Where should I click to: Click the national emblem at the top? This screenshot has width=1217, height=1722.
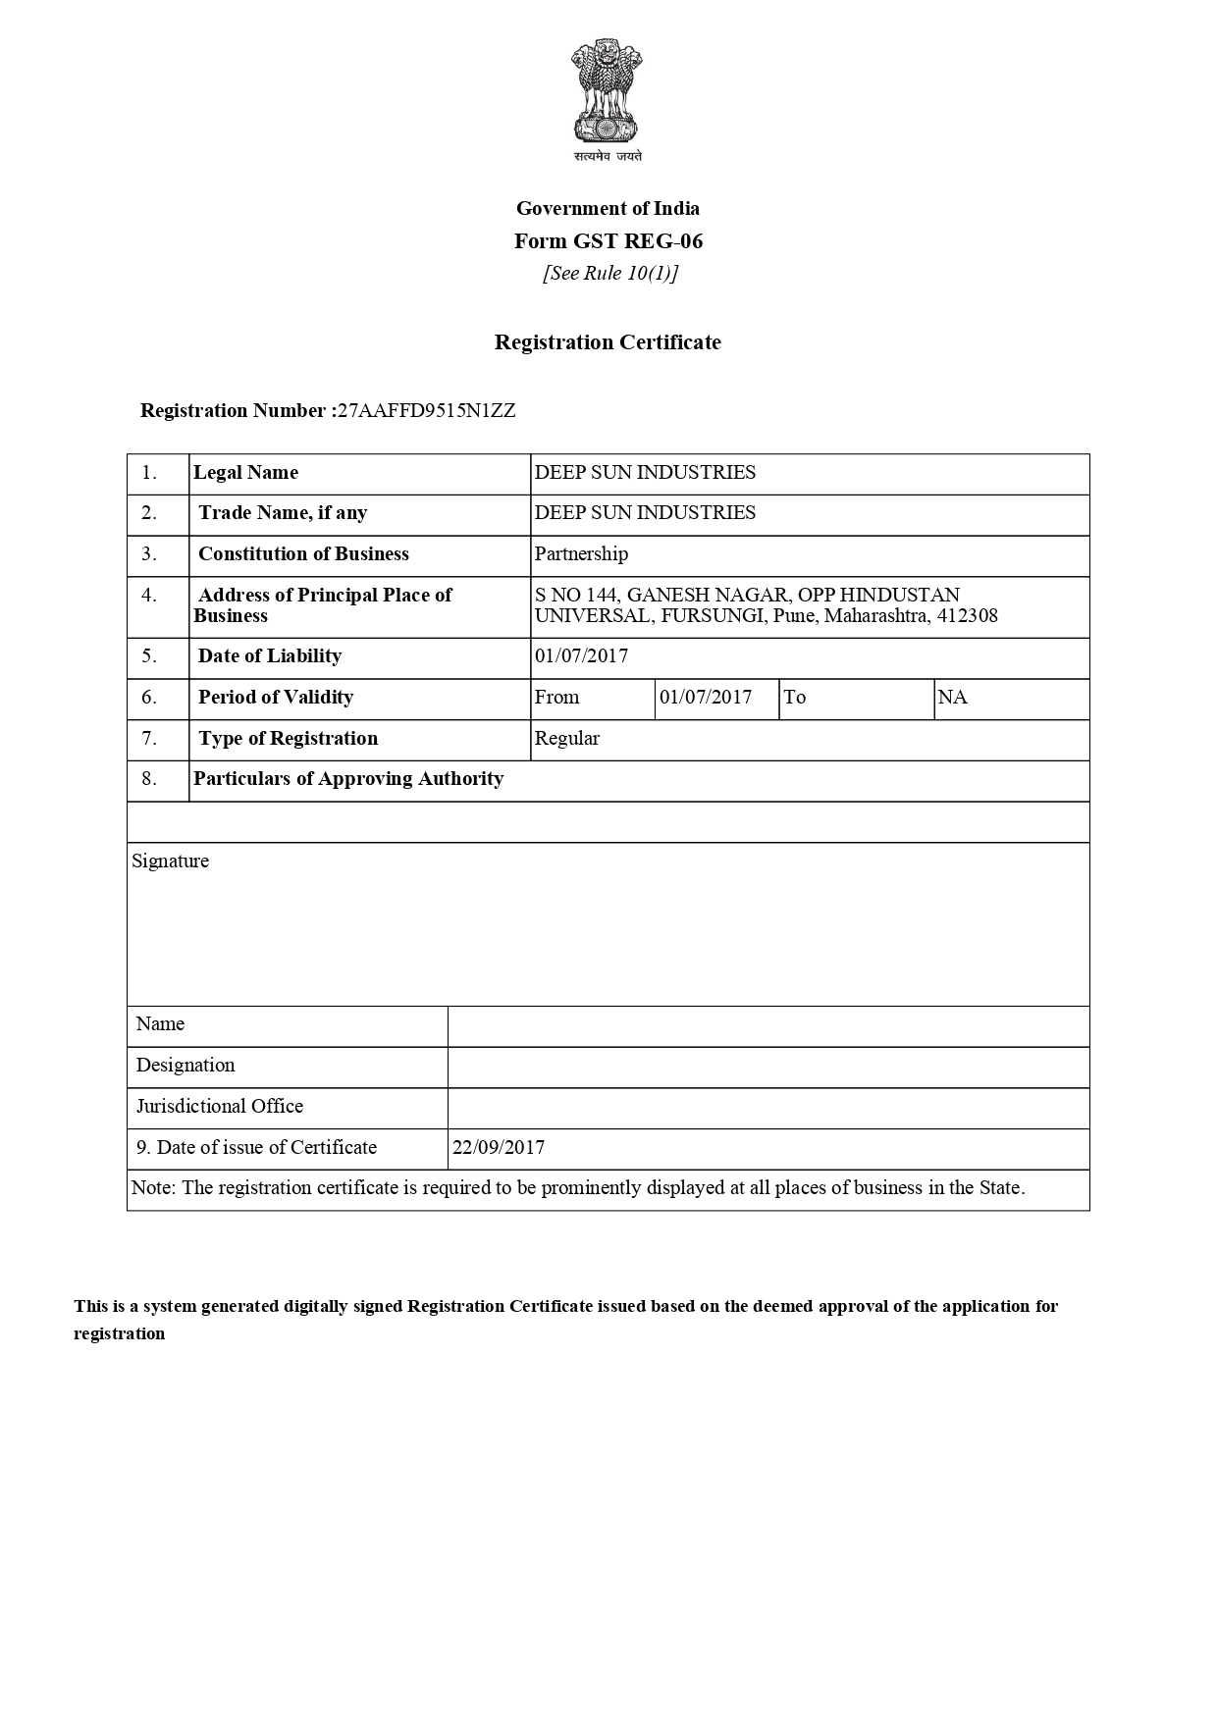pos(608,93)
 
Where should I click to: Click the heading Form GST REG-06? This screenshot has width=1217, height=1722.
pos(608,241)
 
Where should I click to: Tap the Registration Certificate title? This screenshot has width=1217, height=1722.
pos(608,342)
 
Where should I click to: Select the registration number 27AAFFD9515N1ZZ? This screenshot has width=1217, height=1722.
pos(426,411)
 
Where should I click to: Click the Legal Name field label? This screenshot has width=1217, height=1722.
pos(245,473)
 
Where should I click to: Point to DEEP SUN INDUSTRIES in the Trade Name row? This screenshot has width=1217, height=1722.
pos(645,513)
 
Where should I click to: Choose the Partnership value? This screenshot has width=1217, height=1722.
pos(581,554)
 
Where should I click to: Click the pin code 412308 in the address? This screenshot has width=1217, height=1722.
pos(967,616)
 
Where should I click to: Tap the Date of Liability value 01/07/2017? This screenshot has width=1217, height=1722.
pos(581,656)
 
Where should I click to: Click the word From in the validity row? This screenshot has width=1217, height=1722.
pos(556,698)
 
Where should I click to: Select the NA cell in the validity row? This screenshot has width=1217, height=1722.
pos(952,698)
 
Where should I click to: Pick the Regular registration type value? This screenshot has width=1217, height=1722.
pos(566,739)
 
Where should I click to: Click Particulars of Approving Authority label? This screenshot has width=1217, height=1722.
pos(348,779)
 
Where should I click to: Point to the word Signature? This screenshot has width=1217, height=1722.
pos(171,861)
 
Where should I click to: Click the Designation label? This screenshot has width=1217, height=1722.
pos(185,1066)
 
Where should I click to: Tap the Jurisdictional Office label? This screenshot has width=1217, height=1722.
pos(220,1107)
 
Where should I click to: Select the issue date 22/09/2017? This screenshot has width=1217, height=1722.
pos(499,1148)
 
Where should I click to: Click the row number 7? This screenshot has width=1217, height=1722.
pos(149,739)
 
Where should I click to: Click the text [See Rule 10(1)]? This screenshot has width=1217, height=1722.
pos(610,274)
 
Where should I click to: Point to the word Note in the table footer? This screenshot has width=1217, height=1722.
pos(152,1188)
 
